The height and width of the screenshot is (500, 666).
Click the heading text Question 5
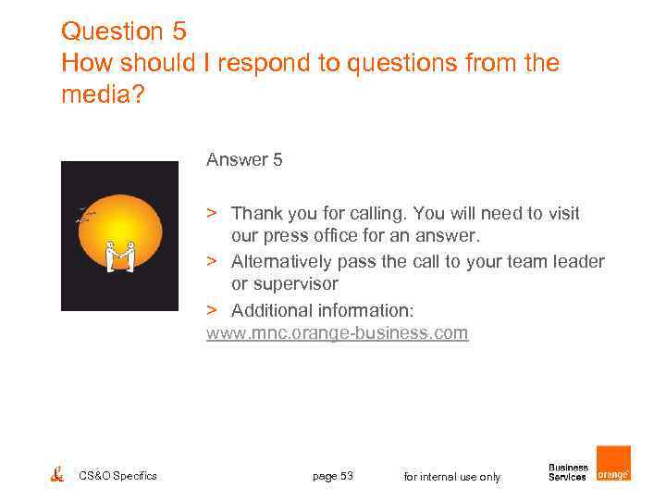click(x=123, y=31)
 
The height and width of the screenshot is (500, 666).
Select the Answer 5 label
click(x=244, y=160)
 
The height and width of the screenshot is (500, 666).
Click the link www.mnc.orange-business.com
click(x=337, y=332)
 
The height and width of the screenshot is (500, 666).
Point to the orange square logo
click(x=613, y=463)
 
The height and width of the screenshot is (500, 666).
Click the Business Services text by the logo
click(x=568, y=472)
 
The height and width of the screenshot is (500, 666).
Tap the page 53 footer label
click(x=333, y=476)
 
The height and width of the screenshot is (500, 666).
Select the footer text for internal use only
click(x=452, y=477)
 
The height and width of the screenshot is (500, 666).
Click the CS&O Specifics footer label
click(x=118, y=476)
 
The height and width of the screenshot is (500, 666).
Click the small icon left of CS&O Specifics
click(x=57, y=474)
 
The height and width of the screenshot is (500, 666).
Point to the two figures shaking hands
click(x=119, y=256)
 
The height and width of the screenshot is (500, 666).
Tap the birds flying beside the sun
click(x=85, y=217)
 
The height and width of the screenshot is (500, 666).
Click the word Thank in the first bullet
click(x=255, y=214)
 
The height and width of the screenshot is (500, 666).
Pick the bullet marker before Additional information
click(x=212, y=309)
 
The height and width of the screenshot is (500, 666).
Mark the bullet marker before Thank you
click(x=212, y=214)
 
